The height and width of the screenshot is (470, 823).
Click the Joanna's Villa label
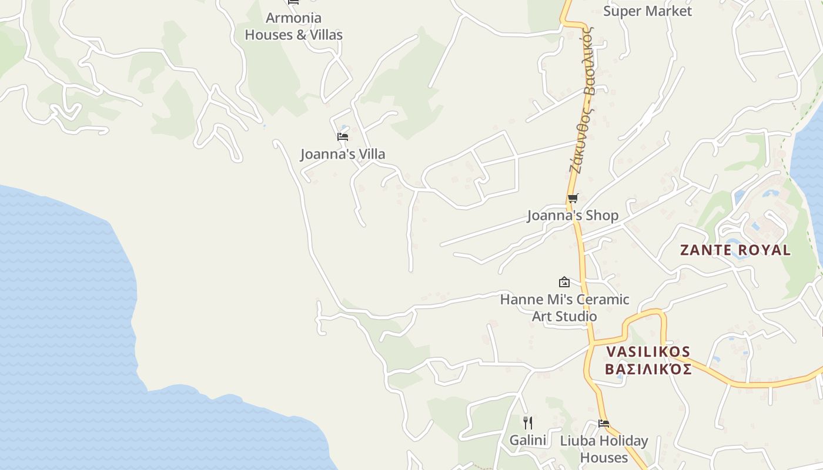pyautogui.click(x=343, y=155)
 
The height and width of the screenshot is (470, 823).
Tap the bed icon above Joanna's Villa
pyautogui.click(x=343, y=137)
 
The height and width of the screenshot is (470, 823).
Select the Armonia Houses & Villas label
pyautogui.click(x=293, y=26)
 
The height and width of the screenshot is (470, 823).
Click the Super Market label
pyautogui.click(x=647, y=11)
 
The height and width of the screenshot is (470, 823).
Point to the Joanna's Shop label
pyautogui.click(x=573, y=216)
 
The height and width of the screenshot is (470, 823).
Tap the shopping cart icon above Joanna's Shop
pyautogui.click(x=573, y=198)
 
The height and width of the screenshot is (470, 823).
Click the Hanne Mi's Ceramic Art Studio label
pyautogui.click(x=564, y=308)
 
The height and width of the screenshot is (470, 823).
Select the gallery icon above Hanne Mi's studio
pyautogui.click(x=564, y=282)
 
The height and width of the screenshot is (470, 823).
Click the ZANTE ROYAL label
pyautogui.click(x=735, y=250)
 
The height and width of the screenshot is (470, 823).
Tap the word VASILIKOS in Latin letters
pyautogui.click(x=648, y=352)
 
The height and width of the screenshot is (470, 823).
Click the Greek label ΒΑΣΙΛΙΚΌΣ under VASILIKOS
pyautogui.click(x=648, y=370)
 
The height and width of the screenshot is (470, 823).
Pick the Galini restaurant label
pyautogui.click(x=528, y=440)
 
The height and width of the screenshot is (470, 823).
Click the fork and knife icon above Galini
pyautogui.click(x=528, y=422)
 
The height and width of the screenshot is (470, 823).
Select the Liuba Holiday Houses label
pyautogui.click(x=604, y=449)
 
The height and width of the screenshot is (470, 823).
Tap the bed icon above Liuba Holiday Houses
pyautogui.click(x=604, y=423)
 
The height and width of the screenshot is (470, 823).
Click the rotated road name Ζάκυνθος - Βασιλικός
pyautogui.click(x=583, y=100)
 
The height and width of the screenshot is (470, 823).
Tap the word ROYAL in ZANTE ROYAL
pyautogui.click(x=764, y=250)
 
